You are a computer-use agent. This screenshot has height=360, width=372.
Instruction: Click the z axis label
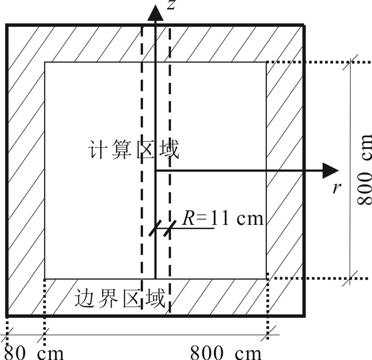[171, 6]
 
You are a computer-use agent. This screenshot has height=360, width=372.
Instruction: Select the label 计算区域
[134, 150]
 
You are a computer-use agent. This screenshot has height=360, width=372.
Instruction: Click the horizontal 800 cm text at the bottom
[226, 353]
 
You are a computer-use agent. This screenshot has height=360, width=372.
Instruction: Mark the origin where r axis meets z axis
[155, 171]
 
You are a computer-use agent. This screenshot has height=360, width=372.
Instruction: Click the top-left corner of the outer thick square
[7, 25]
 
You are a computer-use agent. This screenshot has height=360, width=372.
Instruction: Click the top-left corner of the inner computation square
[45, 62]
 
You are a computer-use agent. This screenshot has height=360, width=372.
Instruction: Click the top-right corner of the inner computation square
[266, 62]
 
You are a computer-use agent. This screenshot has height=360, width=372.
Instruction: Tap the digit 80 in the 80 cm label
[15, 353]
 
